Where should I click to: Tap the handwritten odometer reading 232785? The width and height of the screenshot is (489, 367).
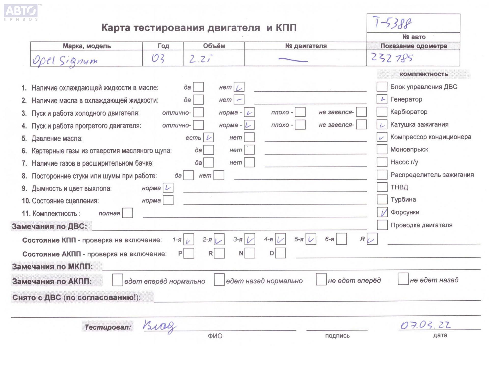[392, 58]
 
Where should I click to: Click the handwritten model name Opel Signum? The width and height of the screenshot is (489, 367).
[65, 61]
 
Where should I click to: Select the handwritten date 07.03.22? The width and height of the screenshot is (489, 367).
[426, 325]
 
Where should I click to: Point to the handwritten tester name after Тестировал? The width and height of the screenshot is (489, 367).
[159, 326]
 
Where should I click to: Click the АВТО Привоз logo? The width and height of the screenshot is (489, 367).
[21, 12]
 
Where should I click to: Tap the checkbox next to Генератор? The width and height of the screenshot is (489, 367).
[382, 99]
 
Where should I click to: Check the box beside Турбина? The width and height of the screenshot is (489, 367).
[382, 199]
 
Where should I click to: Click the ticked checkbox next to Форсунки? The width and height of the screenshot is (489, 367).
[382, 212]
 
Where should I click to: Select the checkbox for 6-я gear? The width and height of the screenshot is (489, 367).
[341, 239]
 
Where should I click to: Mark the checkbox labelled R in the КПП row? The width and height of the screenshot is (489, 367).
[372, 239]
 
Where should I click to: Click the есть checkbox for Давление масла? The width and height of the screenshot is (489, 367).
[208, 138]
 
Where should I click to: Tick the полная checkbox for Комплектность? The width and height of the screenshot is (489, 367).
[127, 213]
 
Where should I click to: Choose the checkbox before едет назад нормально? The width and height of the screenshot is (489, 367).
[219, 280]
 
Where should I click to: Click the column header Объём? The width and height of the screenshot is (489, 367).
[214, 46]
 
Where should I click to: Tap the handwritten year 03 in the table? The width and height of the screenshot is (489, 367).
[158, 59]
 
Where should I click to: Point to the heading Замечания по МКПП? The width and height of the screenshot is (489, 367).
[52, 267]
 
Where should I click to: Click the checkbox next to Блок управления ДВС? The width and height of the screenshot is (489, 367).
[382, 87]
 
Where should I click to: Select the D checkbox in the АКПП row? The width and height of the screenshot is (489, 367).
[280, 253]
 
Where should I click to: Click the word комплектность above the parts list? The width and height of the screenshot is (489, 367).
[424, 74]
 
